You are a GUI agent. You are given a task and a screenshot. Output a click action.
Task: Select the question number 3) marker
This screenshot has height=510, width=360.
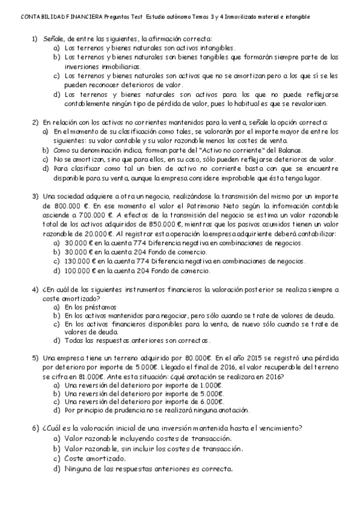(x=35, y=196)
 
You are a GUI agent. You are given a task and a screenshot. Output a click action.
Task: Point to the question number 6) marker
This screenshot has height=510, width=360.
(x=35, y=428)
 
